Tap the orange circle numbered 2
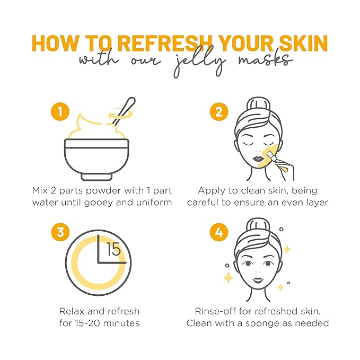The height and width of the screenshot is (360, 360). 218,112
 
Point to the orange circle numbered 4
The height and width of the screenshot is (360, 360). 218,232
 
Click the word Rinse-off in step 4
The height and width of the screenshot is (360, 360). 214,310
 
